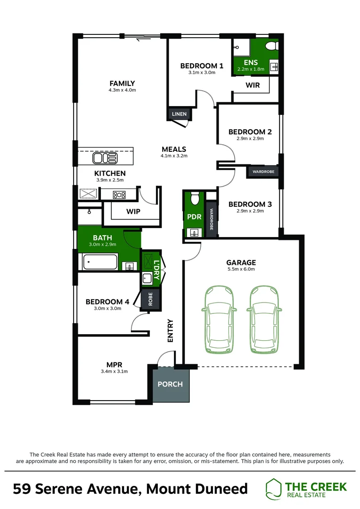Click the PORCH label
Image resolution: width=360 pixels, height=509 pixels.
170,384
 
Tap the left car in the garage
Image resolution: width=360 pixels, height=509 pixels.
219,320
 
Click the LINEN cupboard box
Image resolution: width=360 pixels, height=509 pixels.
179,114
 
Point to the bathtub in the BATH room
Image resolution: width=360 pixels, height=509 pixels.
101,262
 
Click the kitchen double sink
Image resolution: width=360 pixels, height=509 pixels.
101,157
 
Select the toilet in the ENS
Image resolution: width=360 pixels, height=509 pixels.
271,47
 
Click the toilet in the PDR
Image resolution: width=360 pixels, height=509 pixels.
194,199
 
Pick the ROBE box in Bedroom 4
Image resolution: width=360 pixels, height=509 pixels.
151,300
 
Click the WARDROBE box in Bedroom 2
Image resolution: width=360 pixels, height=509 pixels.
263,172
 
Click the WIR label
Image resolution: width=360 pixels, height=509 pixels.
251,86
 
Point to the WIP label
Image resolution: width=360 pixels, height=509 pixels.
133,211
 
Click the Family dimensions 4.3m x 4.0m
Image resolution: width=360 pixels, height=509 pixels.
122,90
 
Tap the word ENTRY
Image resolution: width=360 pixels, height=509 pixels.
170,331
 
